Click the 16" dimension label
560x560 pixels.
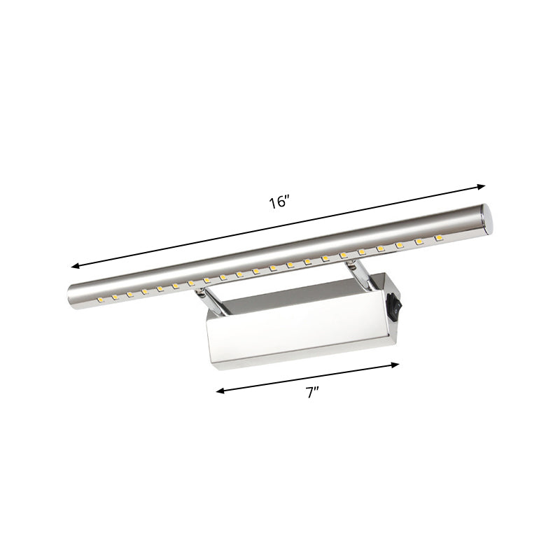point(279,203)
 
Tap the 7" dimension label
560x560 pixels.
point(312,393)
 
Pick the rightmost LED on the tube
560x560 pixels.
point(439,239)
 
